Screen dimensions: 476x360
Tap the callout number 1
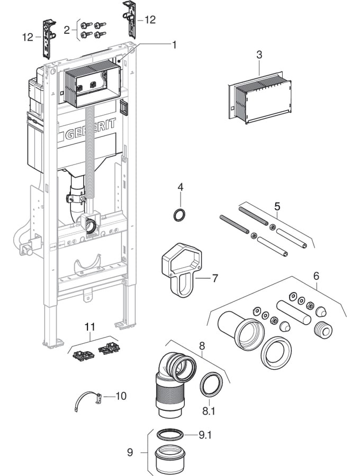click(x=174, y=45)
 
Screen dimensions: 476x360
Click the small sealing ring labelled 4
click(x=180, y=215)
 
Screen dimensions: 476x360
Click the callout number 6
click(x=316, y=276)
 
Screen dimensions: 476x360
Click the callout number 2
click(x=67, y=30)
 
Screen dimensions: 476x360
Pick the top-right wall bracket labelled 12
click(x=130, y=19)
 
